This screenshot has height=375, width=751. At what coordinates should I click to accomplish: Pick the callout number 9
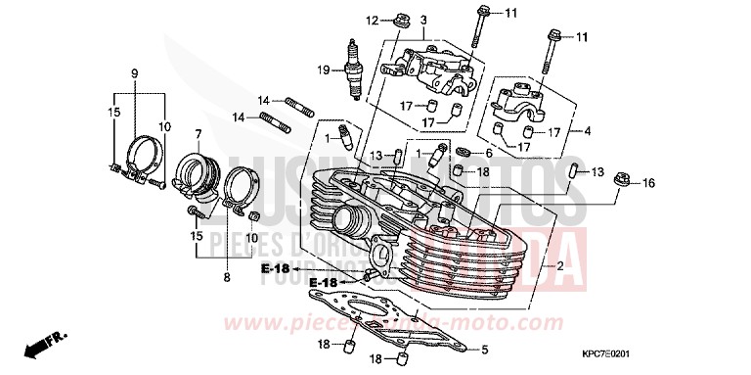pos(135,71)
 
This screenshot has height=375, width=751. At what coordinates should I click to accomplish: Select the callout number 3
pos(396,21)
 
